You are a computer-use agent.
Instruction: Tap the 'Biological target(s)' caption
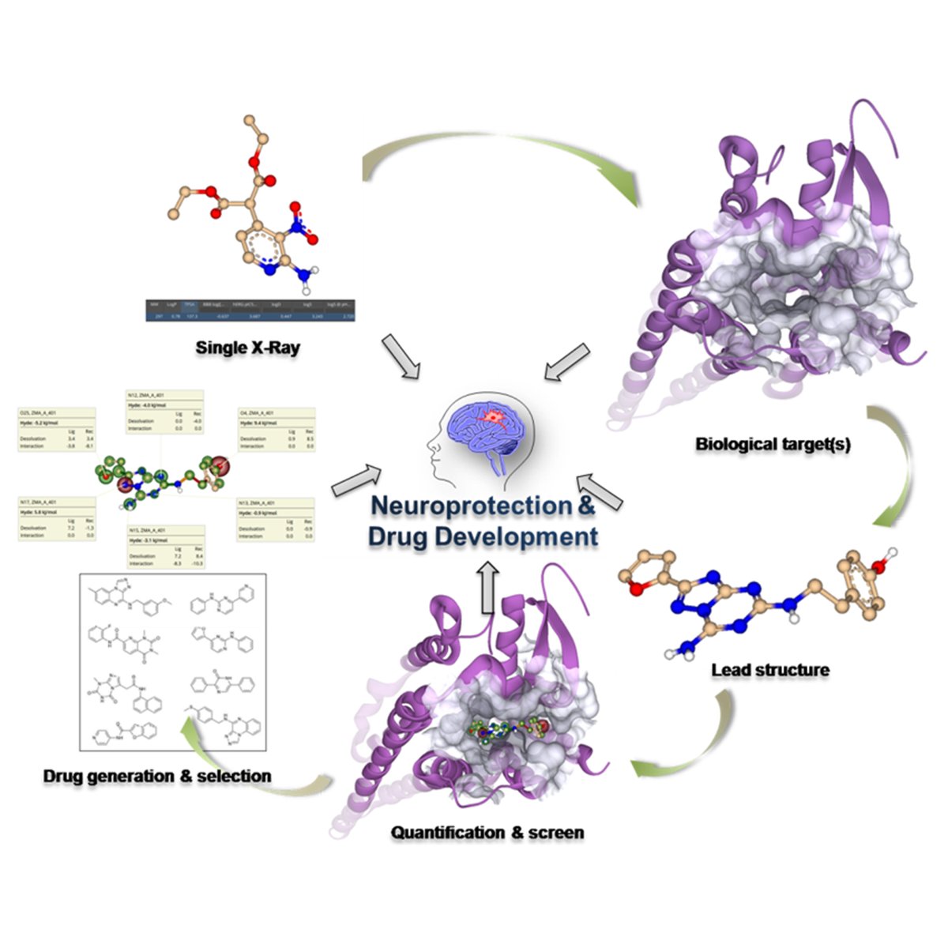[x=773, y=444]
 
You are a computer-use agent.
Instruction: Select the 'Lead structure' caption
[x=770, y=670]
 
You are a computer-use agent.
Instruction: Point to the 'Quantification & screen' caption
[x=487, y=832]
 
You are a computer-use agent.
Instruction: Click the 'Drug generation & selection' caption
[x=157, y=776]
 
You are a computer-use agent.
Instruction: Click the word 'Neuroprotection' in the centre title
[x=471, y=506]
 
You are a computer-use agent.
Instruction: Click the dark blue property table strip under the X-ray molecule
[x=250, y=309]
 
